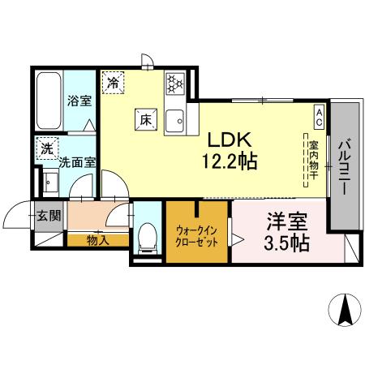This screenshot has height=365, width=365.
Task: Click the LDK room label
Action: pos(230,138)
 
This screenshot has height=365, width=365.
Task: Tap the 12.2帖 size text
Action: pos(230,161)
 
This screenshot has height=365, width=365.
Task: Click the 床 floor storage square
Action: pos(147,118)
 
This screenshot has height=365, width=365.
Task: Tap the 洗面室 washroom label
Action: pos(77,161)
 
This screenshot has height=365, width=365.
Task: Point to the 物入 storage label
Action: pos(97,241)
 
